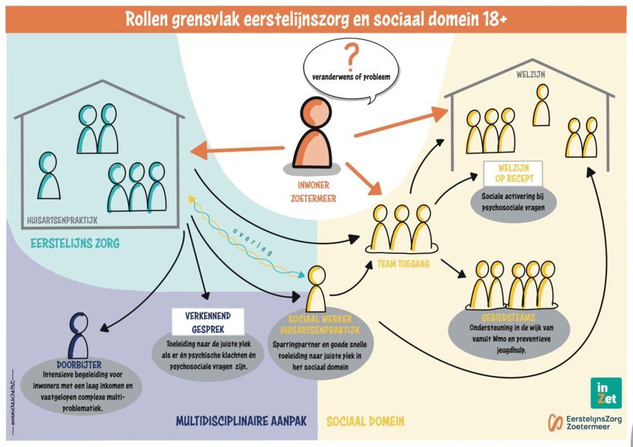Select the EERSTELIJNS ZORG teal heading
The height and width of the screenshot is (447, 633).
point(75,244)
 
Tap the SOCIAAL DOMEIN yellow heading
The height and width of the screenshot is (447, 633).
point(365,422)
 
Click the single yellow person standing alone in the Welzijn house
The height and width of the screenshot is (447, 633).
point(542,106)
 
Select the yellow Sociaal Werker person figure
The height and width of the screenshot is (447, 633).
point(316,290)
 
